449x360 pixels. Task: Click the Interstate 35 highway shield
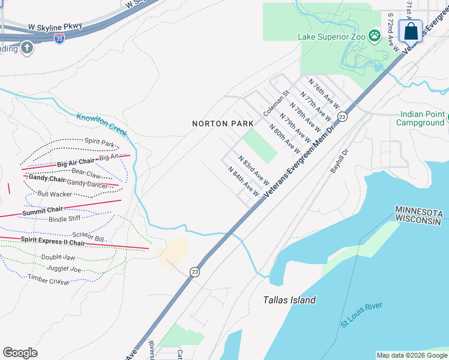[x=59, y=38]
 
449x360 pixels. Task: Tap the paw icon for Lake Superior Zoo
[x=375, y=35]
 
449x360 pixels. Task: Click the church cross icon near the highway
[x=26, y=48]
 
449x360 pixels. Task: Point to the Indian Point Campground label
[x=420, y=119]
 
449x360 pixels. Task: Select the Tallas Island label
[x=289, y=300]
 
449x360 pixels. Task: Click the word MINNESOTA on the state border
[x=418, y=213]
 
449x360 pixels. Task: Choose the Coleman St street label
[x=276, y=103]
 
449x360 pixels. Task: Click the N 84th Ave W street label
[x=244, y=182]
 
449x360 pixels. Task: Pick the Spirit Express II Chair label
[x=53, y=242]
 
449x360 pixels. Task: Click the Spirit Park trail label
[x=99, y=143]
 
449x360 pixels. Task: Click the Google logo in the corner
[x=20, y=353]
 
